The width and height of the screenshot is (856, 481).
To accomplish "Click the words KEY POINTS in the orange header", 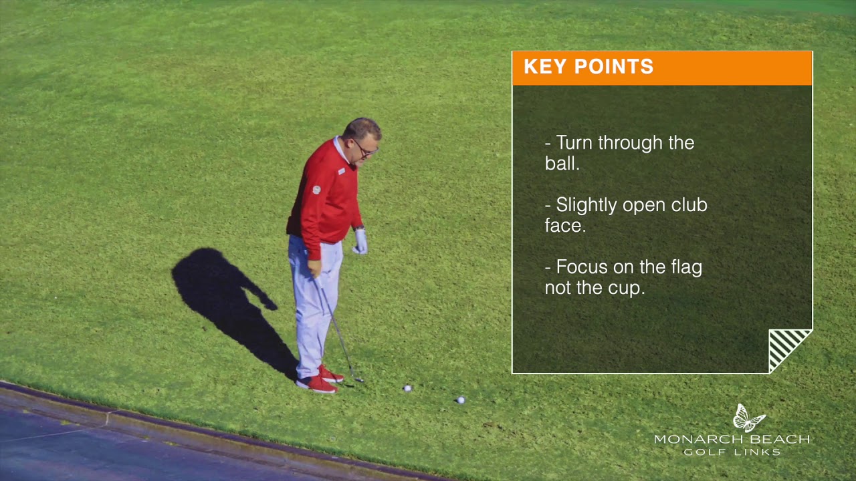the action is pos(588,66).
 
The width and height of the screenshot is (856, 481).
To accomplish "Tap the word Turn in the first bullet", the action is pos(574,143).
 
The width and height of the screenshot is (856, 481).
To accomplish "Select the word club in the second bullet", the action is pos(689,205).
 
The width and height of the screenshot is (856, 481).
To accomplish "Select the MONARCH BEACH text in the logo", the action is pos(732,440).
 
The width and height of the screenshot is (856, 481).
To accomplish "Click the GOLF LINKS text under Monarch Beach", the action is pos(732,452).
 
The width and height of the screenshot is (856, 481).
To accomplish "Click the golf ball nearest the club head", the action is pos(407,388).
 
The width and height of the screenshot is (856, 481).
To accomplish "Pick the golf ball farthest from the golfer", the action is pos(461,400).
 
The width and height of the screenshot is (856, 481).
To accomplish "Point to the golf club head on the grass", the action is pos(358,380).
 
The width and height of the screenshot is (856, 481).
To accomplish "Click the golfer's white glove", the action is pos(360,241).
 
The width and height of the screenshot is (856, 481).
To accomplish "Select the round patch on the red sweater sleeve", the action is pos(316,190).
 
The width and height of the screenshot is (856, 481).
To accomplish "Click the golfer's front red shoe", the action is pos(317,384).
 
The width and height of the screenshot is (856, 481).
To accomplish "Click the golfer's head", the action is pos(362,140).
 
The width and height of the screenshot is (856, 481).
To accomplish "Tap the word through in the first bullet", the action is pos(631,144).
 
